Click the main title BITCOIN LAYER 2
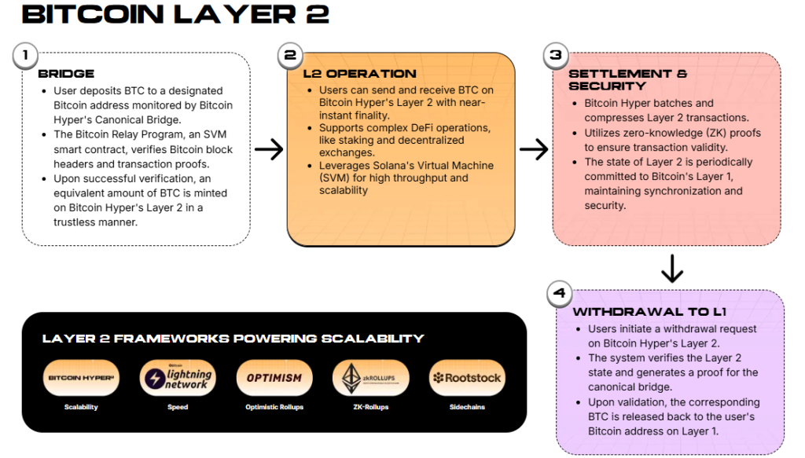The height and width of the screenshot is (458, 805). (x=175, y=15)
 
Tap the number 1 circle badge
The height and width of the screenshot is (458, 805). (x=26, y=56)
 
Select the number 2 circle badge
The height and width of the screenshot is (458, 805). (x=290, y=56)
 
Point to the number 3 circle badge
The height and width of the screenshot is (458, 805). (x=556, y=56)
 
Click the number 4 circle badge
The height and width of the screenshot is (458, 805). (x=559, y=294)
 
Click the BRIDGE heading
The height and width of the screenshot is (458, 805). (x=66, y=74)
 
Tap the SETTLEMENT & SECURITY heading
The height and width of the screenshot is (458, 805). (x=627, y=79)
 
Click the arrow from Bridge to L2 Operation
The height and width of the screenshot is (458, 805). (x=269, y=149)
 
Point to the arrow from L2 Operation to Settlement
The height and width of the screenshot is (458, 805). (x=534, y=149)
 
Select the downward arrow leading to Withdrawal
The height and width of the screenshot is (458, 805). (x=672, y=268)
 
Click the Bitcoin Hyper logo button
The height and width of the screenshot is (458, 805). (x=82, y=378)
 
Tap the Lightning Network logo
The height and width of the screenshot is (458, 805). (x=178, y=378)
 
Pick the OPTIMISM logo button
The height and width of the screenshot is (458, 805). (x=274, y=378)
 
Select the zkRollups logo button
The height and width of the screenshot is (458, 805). (x=370, y=378)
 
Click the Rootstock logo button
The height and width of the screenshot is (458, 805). (x=467, y=378)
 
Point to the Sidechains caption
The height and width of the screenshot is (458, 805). (x=467, y=408)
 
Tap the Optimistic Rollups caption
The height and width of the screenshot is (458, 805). (x=274, y=408)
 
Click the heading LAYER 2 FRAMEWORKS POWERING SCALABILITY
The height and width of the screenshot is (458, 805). (x=233, y=339)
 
